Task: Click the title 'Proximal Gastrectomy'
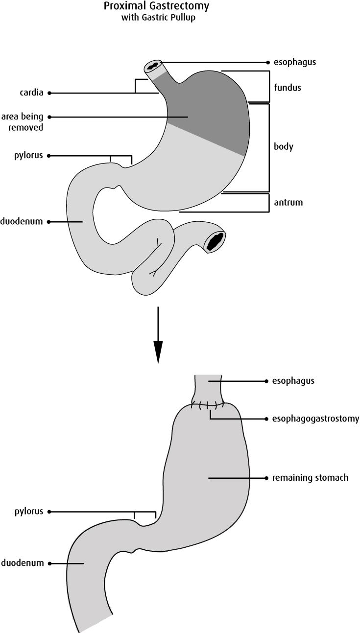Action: tap(156, 6)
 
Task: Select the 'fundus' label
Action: tap(288, 88)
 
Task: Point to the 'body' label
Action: tap(284, 147)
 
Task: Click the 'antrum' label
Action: tap(288, 202)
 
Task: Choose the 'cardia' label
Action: tap(31, 93)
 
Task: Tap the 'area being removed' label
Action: tap(22, 122)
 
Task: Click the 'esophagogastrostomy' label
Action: tap(315, 419)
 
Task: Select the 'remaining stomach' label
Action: tap(310, 478)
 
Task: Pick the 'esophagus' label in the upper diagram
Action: tap(294, 63)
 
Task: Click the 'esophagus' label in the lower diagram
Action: tap(293, 381)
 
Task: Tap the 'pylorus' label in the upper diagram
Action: tap(28, 156)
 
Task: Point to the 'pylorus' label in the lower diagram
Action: tap(28, 512)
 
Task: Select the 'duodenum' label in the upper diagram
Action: tap(22, 222)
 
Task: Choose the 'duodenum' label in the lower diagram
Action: tap(22, 563)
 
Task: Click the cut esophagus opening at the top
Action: tap(154, 66)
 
